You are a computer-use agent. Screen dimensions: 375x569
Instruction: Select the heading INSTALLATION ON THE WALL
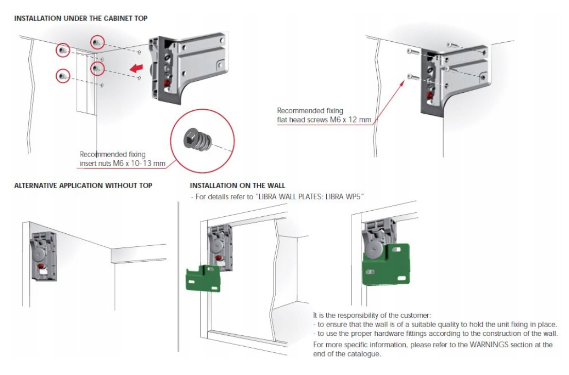coord(237,185)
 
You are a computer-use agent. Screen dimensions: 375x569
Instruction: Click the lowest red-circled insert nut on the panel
coord(62,76)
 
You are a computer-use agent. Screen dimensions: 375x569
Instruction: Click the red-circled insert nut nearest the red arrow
coord(96,67)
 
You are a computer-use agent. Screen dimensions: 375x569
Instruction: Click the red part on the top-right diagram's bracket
coord(430,95)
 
